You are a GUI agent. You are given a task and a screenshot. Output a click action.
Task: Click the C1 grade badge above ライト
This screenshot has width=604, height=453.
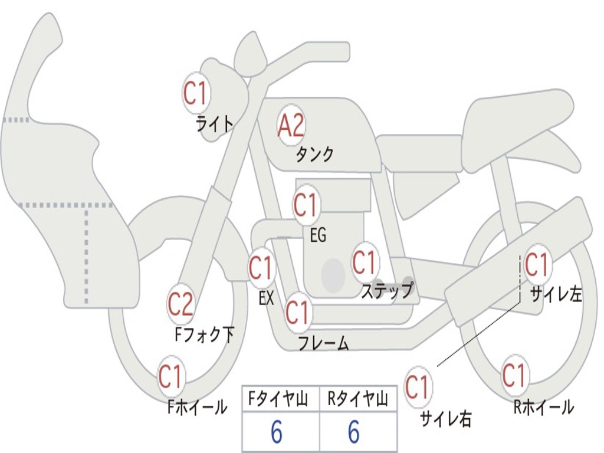195,93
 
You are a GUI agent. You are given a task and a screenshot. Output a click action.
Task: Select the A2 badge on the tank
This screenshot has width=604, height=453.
291,125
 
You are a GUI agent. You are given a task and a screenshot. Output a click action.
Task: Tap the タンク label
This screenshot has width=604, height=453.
314,155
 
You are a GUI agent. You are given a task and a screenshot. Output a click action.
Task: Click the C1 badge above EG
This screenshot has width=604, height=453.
306,206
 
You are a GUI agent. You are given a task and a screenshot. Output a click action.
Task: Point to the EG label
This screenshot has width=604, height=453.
318,236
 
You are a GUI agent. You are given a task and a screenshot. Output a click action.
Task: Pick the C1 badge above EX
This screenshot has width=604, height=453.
261,268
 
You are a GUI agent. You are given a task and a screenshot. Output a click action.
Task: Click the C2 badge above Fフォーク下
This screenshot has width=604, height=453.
180,304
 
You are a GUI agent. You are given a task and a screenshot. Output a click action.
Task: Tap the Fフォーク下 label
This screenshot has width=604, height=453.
204,335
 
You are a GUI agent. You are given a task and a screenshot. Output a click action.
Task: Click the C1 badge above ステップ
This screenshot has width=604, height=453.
364,262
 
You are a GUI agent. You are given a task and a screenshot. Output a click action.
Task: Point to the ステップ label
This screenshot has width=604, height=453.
386,291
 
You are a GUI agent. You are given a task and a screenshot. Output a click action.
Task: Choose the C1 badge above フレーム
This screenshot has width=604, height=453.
297,312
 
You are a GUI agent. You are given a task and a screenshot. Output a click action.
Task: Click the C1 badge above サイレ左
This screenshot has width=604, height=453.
537,265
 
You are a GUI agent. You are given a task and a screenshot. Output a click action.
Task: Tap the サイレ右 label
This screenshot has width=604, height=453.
445,418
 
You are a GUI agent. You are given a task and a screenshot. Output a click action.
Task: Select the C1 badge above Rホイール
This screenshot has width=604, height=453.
514,375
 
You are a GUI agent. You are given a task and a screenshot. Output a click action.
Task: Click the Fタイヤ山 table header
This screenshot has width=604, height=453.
280,399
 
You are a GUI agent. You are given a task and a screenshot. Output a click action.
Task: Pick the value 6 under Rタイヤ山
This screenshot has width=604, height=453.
353,432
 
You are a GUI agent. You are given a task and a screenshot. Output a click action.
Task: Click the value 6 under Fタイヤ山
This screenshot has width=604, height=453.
277,432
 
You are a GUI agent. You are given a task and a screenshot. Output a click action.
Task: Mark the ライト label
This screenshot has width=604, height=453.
214,124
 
